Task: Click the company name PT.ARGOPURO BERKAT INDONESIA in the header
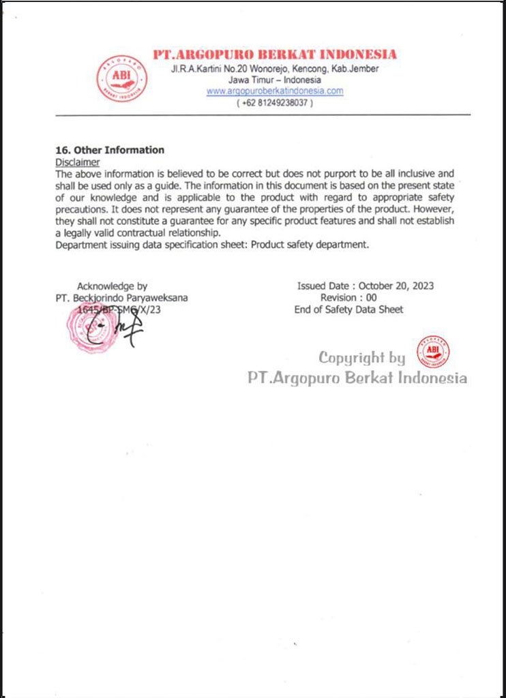pyautogui.click(x=274, y=55)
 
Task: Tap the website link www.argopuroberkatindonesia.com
pyautogui.click(x=275, y=91)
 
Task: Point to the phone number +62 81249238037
pyautogui.click(x=275, y=103)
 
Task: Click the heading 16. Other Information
pyautogui.click(x=109, y=150)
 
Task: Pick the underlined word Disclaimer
pyautogui.click(x=77, y=162)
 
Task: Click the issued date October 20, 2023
pyautogui.click(x=396, y=286)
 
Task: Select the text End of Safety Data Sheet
pyautogui.click(x=348, y=309)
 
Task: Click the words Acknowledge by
pyautogui.click(x=112, y=286)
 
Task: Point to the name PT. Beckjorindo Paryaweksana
pyautogui.click(x=122, y=298)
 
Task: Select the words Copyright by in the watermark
pyautogui.click(x=361, y=357)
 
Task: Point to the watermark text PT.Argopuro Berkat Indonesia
pyautogui.click(x=357, y=378)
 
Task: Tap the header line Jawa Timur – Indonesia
pyautogui.click(x=275, y=80)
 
